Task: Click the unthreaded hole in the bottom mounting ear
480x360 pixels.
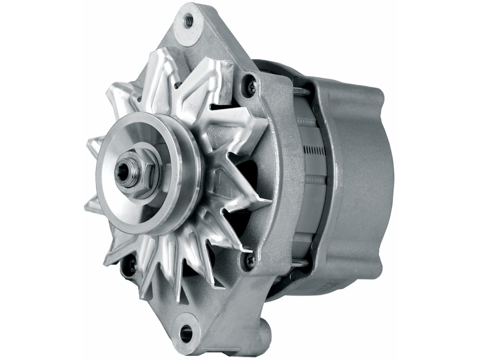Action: [x=186, y=333]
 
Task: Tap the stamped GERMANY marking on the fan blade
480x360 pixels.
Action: [x=216, y=136]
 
